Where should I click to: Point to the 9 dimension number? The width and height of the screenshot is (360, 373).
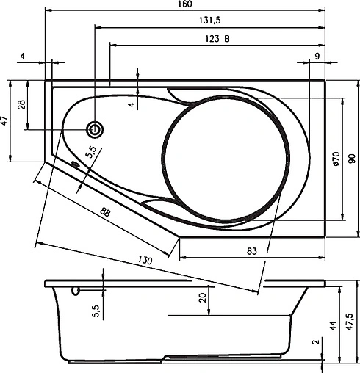[316, 56]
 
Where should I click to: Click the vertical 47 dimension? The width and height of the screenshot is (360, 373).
[4, 121]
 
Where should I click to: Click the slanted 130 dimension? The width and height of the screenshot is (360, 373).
[145, 261]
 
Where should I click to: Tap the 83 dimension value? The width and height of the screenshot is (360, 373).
[252, 251]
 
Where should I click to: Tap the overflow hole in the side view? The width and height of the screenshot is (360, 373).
[75, 291]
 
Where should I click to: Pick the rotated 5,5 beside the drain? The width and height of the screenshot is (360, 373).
[90, 154]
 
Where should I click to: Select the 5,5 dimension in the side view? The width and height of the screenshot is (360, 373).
[96, 310]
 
